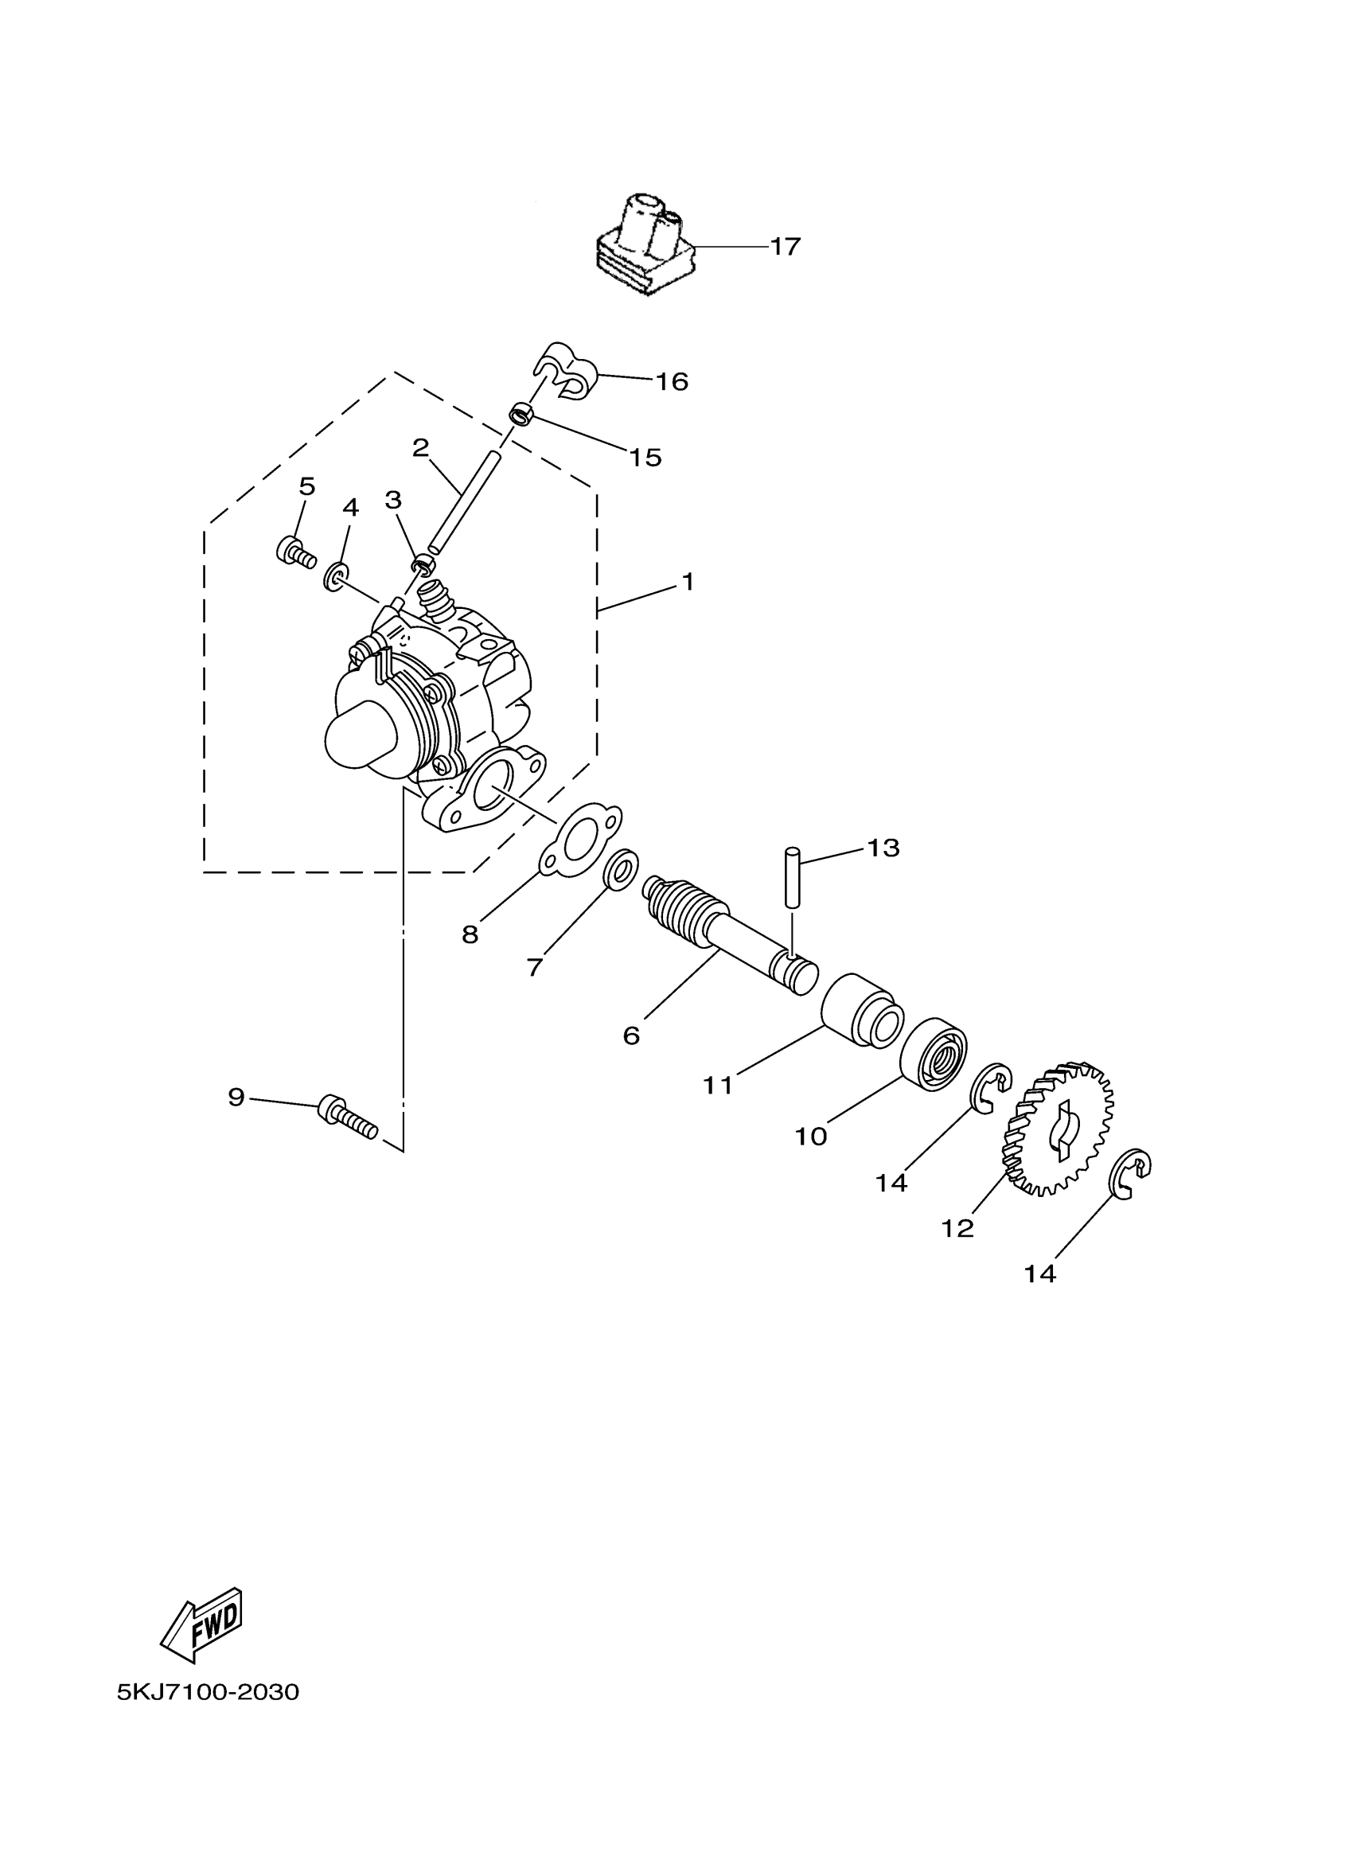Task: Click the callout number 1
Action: (x=687, y=583)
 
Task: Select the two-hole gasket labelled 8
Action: (x=580, y=838)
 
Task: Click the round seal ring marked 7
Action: (x=621, y=870)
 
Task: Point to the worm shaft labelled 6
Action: (x=725, y=930)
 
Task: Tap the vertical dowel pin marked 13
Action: (x=792, y=877)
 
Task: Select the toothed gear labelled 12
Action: (x=1059, y=1129)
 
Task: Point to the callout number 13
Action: (x=883, y=848)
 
